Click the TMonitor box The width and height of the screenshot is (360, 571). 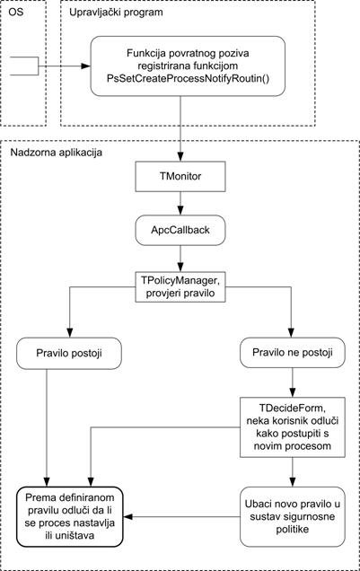coord(180,177)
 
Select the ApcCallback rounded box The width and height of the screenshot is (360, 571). coord(180,230)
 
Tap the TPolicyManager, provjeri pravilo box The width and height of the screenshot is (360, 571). coord(180,287)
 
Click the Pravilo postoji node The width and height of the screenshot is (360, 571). coord(69,353)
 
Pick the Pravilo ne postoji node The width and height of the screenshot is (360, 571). coord(293,353)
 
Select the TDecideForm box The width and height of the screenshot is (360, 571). coord(293,427)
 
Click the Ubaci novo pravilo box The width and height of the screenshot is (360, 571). coord(293,517)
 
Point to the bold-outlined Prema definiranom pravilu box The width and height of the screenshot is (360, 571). coord(69,517)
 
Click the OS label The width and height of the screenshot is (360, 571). coord(15,12)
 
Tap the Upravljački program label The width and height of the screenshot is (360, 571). coord(116,13)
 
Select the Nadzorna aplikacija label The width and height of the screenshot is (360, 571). coord(56,153)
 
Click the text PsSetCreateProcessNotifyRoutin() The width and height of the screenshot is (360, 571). coord(189,78)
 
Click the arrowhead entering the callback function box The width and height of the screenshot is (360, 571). coord(86,66)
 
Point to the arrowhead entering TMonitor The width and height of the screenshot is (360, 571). coord(180,157)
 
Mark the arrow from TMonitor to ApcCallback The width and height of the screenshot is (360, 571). coord(180,203)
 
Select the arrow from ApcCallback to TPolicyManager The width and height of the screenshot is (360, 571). coord(180,259)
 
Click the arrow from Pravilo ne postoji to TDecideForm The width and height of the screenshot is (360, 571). coord(293,382)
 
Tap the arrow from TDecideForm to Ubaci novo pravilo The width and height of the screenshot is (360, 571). coord(293,472)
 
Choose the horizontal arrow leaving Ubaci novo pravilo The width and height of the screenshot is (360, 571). coord(181,517)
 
